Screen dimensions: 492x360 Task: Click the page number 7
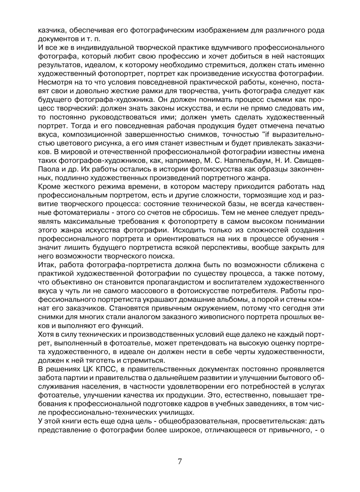[180, 462]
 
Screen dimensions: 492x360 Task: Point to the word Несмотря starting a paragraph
[53, 82]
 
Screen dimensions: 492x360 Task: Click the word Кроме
[49, 187]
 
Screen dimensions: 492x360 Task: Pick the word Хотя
[46, 334]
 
